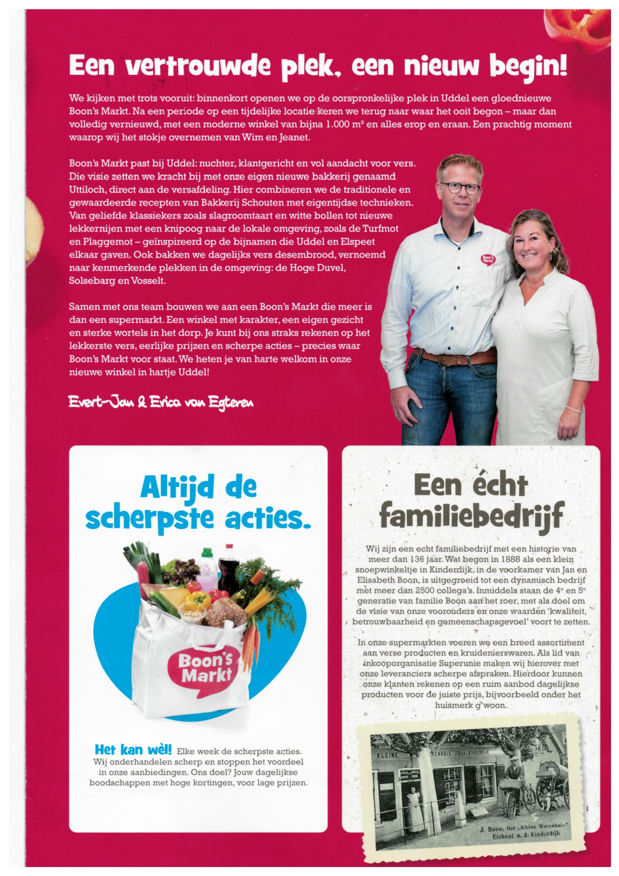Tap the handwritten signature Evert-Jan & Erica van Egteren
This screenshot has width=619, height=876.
161,402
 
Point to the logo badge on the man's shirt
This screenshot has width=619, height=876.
488,260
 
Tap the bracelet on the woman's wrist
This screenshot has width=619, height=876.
574,408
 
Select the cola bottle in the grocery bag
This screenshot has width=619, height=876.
229,569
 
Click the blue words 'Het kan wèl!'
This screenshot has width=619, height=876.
133,750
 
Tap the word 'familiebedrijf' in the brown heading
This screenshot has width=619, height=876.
471,516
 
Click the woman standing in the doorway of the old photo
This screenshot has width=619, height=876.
413,802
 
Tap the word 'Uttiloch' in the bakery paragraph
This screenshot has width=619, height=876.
87,190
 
